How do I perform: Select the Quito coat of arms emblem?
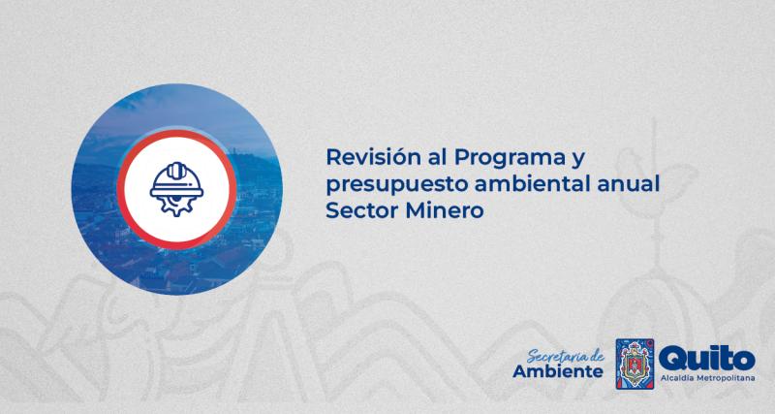[x=635, y=365]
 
